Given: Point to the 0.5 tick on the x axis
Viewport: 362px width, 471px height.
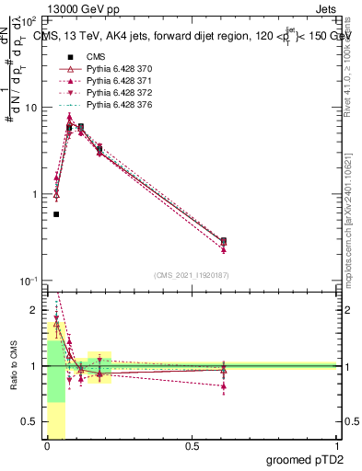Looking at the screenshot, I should click(x=192, y=446).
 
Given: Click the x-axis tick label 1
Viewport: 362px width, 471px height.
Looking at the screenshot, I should click(x=336, y=446).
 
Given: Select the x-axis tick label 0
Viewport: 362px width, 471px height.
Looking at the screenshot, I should click(x=47, y=446).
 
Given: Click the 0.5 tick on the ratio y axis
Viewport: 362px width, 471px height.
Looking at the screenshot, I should click(x=32, y=421).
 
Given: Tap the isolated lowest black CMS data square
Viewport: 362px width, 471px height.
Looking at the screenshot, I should click(x=56, y=214).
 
